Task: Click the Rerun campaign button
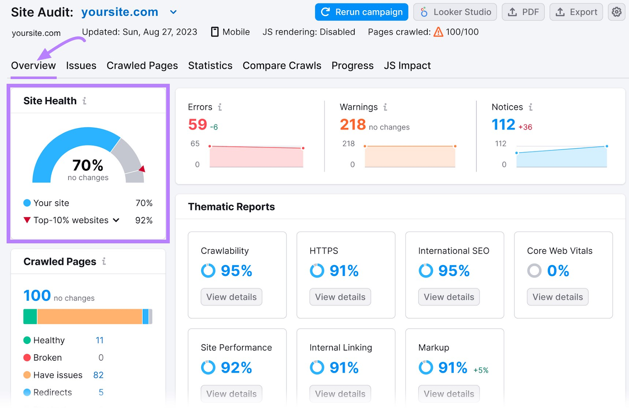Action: click(x=361, y=12)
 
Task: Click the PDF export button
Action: click(x=523, y=12)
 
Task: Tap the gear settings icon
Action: click(x=616, y=12)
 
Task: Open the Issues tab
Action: click(x=81, y=66)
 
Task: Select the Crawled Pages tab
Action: click(x=142, y=66)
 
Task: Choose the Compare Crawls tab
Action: click(x=282, y=66)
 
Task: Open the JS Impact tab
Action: click(x=407, y=66)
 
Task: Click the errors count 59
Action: click(x=197, y=125)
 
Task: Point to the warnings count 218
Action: click(x=353, y=125)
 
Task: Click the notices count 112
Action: click(x=503, y=125)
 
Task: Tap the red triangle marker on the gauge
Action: click(x=142, y=169)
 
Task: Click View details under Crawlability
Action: click(x=231, y=297)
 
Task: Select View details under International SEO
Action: click(x=449, y=297)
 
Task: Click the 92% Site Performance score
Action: click(x=236, y=368)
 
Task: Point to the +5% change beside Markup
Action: click(x=481, y=370)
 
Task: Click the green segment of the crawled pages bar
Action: click(x=30, y=316)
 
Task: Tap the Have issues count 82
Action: click(x=98, y=375)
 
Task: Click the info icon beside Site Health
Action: click(x=85, y=101)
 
